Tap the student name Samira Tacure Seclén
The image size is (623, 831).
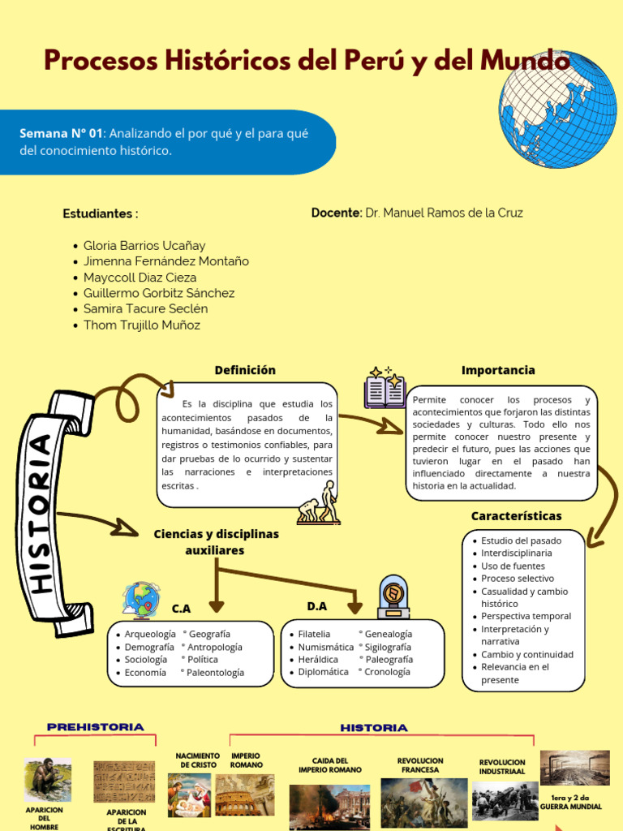[145, 309]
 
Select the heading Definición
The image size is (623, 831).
[245, 370]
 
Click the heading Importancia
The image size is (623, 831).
[498, 370]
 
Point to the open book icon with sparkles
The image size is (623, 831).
[385, 387]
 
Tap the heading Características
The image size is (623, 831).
[516, 516]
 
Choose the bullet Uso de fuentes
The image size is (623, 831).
[513, 566]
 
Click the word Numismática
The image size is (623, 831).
[326, 647]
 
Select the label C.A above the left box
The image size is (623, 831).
[181, 608]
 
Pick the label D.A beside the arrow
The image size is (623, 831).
[316, 606]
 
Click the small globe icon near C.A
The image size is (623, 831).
[141, 600]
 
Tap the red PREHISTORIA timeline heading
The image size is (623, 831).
[96, 727]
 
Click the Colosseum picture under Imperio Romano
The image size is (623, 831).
[244, 795]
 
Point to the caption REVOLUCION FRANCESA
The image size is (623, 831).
[420, 765]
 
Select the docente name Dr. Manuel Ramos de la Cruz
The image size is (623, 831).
[444, 213]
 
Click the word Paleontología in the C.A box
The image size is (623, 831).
[215, 672]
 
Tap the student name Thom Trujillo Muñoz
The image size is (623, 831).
[141, 325]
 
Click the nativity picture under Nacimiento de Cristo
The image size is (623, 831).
[189, 794]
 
